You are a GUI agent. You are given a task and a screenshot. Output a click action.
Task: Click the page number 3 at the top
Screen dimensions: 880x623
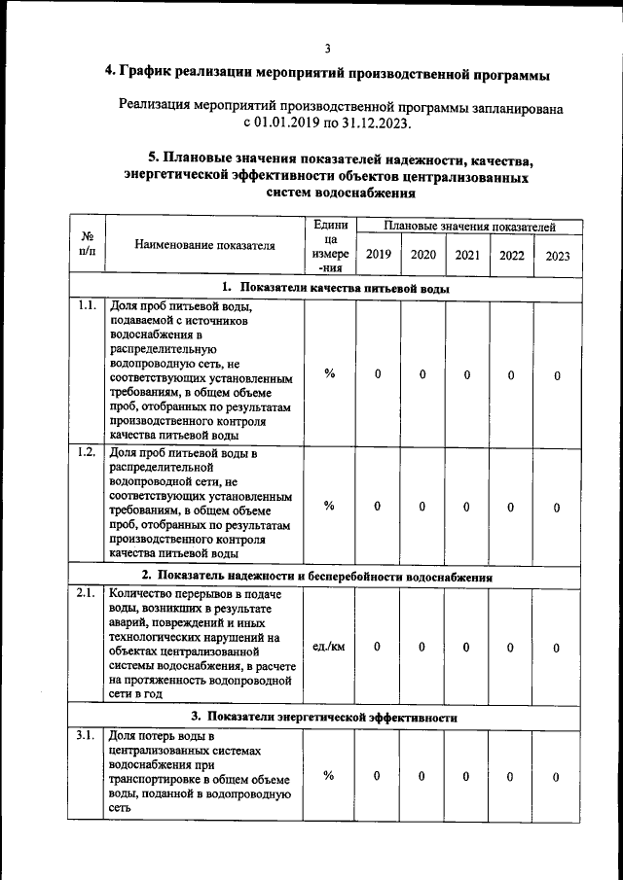coord(327,48)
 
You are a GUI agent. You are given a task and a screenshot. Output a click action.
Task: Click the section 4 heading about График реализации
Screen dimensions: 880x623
coord(327,74)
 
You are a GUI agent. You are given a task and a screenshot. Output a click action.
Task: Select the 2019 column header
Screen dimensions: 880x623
coord(378,255)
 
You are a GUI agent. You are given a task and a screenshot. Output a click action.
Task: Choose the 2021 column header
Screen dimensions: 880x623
coord(467,255)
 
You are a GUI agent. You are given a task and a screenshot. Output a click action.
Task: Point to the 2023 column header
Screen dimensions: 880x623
coord(558,256)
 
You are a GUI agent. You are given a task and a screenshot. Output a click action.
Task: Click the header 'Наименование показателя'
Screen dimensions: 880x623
coord(204,246)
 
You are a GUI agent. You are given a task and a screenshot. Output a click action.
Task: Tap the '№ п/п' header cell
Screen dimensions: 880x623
coord(87,245)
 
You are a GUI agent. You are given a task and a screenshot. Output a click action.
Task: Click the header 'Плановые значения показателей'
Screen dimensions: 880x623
coord(469,227)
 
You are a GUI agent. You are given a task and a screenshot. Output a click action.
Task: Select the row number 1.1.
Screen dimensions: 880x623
coord(87,306)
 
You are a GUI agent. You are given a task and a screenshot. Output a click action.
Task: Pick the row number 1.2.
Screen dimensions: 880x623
coord(87,453)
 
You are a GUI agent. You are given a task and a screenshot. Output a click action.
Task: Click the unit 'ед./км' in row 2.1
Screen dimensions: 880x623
coord(329,647)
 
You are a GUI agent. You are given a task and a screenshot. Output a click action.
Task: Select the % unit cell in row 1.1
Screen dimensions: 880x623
coord(329,374)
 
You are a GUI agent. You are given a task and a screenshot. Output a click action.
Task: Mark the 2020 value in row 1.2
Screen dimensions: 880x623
coord(422,506)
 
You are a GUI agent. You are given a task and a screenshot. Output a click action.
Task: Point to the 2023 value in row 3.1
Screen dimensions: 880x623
coord(557,776)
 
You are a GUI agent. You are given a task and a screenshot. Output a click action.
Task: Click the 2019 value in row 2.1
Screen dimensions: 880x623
coord(378,647)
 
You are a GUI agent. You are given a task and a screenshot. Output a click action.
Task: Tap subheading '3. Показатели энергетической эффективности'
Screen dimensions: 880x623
coord(324,717)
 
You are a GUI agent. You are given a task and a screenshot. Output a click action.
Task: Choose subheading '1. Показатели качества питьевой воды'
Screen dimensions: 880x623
coord(335,288)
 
